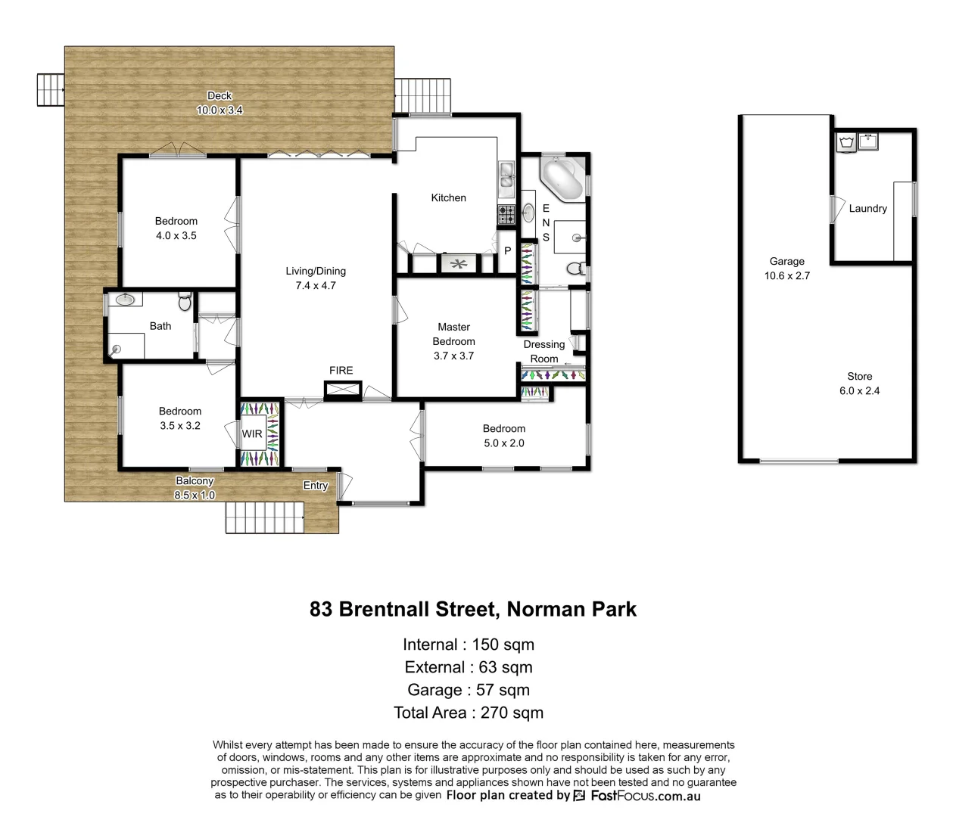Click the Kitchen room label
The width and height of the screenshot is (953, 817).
click(448, 197)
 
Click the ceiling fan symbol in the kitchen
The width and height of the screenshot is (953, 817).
click(459, 263)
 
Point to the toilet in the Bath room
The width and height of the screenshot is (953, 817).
click(184, 303)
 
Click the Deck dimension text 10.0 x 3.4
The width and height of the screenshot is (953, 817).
click(220, 110)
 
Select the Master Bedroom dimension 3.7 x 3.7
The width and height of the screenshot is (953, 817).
click(453, 356)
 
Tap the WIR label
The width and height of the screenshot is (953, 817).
click(252, 434)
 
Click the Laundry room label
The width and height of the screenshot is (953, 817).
click(867, 208)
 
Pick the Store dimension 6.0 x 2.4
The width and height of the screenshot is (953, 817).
click(859, 390)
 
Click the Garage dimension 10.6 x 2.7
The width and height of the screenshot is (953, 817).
click(786, 275)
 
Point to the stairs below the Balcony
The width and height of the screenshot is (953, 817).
click(264, 518)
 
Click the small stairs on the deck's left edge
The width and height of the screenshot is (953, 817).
click(51, 90)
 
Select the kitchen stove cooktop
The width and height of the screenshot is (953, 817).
click(506, 215)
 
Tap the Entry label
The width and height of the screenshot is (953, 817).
click(316, 486)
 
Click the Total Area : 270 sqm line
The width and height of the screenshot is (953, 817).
click(469, 713)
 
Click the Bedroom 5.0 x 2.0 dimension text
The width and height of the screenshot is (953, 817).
click(503, 443)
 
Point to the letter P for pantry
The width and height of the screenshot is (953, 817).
click(507, 250)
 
